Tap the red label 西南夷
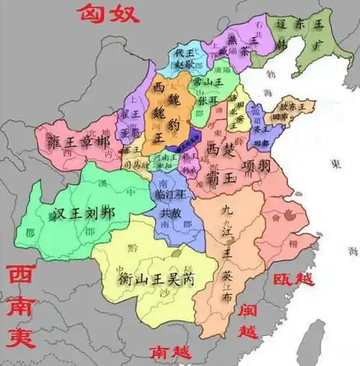point(20,305)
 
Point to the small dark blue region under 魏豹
point(184,142)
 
